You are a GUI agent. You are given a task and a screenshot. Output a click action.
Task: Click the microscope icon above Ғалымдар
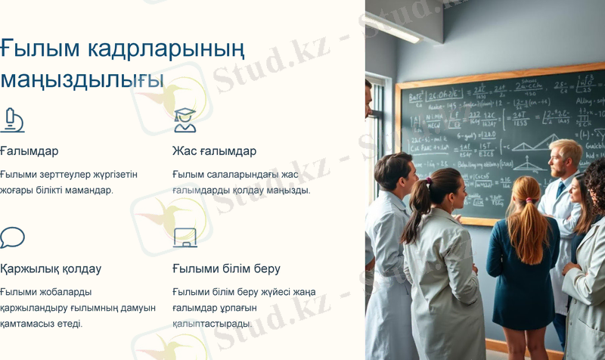[12, 120]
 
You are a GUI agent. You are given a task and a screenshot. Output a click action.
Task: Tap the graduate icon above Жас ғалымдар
[184, 120]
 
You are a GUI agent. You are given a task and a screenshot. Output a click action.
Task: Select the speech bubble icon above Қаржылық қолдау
[12, 237]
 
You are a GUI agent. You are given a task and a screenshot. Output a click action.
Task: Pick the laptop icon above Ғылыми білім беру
[185, 237]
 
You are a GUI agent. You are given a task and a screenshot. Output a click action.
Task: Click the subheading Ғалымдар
[29, 151]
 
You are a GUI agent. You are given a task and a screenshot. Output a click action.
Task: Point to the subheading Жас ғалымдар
[214, 151]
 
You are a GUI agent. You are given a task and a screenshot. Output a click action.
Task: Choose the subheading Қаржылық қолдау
[51, 268]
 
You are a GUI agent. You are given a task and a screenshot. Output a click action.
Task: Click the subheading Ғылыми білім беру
[226, 268]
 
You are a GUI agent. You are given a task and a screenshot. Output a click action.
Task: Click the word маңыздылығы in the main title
[82, 78]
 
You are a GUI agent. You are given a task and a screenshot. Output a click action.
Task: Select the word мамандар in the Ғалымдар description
[88, 190]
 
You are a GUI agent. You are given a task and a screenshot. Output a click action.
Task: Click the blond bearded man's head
[564, 156]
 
